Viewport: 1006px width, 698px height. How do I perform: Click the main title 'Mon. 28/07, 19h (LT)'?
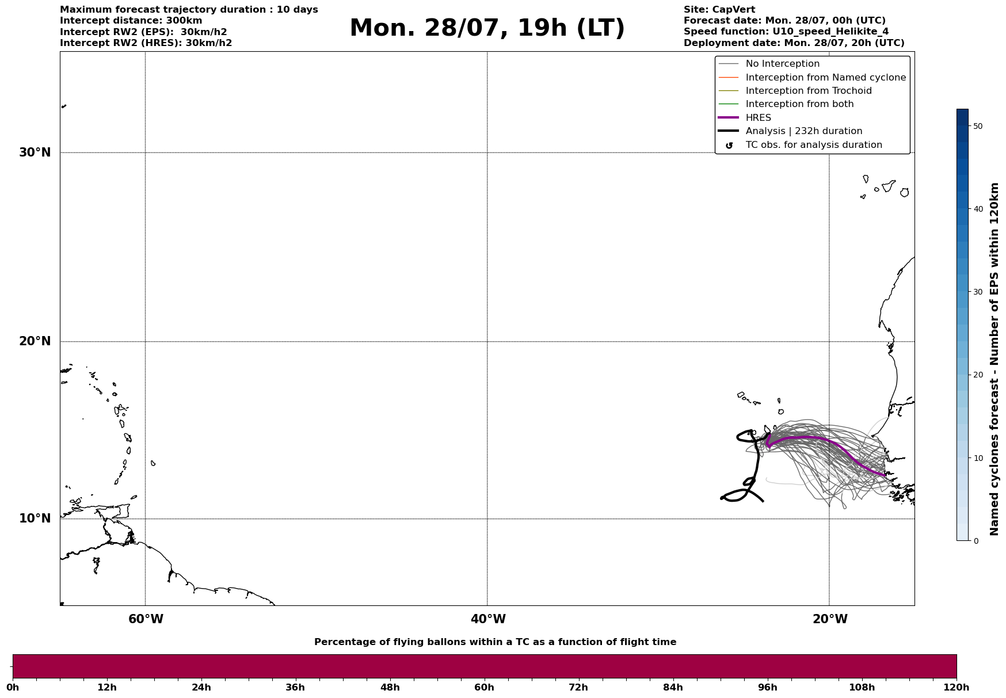point(487,28)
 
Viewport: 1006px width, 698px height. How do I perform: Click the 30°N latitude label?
point(35,152)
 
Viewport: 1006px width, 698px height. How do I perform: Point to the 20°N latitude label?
point(35,341)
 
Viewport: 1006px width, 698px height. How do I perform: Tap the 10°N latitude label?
point(35,518)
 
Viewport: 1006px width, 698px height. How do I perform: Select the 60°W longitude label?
point(146,619)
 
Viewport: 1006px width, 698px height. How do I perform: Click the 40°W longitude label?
point(488,619)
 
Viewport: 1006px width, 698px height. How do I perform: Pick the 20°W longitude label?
point(830,619)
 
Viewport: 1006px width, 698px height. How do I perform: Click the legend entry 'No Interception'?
point(782,64)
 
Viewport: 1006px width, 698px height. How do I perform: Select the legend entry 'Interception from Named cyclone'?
point(825,78)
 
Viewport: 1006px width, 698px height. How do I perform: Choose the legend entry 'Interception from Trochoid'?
point(808,91)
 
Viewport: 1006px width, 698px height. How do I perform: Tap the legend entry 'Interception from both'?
point(799,104)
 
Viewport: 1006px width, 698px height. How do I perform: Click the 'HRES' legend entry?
point(758,118)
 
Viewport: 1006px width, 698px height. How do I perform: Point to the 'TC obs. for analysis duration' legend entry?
point(813,145)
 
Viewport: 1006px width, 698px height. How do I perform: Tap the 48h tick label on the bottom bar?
point(390,688)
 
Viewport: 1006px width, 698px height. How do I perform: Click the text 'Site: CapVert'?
point(719,10)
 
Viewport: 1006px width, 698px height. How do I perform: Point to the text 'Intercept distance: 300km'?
point(131,21)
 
